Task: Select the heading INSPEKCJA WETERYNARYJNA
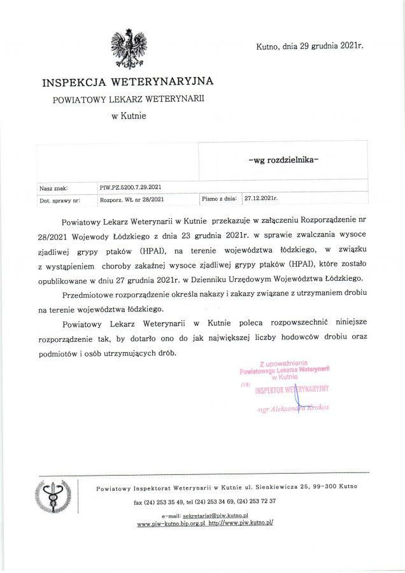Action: (x=127, y=82)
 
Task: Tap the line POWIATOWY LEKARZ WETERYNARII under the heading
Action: (x=129, y=99)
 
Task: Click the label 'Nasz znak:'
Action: (x=53, y=188)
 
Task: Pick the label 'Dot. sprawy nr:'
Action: (x=59, y=200)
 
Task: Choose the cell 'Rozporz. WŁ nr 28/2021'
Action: (x=132, y=199)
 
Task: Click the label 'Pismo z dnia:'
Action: (x=219, y=199)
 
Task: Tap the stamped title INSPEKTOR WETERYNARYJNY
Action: (x=292, y=390)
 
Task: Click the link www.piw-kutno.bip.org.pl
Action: (x=171, y=523)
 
